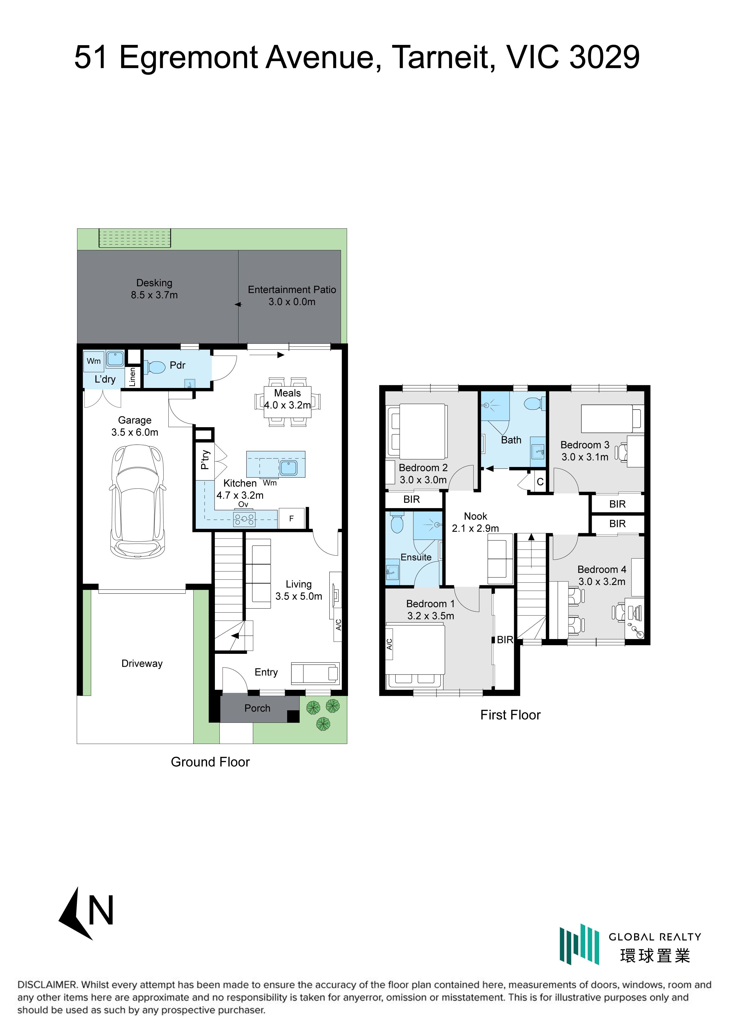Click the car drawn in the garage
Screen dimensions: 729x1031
coord(137,501)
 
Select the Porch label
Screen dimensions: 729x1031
coord(257,708)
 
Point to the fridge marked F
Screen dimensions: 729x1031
coord(292,518)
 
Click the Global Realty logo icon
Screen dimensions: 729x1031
coord(579,944)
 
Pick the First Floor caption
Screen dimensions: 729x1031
coord(510,715)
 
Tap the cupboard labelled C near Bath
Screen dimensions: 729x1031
coord(540,481)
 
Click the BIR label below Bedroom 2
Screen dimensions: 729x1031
coord(412,499)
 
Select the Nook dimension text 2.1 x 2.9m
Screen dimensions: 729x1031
coord(475,528)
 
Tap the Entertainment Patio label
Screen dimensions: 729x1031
coord(292,290)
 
